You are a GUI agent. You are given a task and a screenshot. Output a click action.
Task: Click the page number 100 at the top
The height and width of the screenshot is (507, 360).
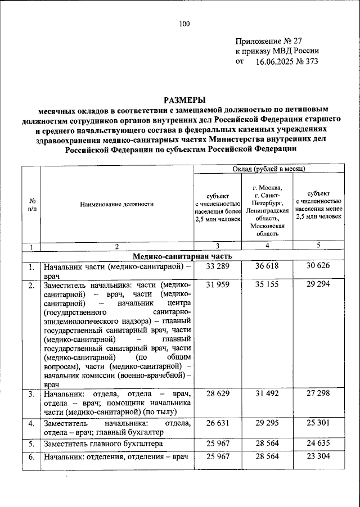(x=185, y=24)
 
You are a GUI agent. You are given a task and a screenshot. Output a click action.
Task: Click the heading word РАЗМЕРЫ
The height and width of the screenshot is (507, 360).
(x=185, y=99)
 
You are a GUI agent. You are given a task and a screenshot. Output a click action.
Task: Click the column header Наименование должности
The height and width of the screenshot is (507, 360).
(x=116, y=205)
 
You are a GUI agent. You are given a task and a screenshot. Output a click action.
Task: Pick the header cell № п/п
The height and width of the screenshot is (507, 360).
(x=32, y=205)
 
